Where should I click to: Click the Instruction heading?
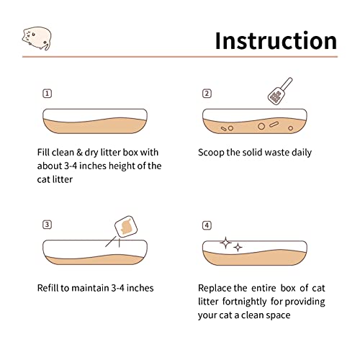pyautogui.click(x=276, y=41)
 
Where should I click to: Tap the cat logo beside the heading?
pyautogui.click(x=37, y=38)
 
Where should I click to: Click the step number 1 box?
pyautogui.click(x=47, y=94)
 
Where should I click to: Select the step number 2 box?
pyautogui.click(x=207, y=94)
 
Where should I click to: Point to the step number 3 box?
pyautogui.click(x=47, y=225)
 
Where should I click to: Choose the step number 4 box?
pyautogui.click(x=207, y=225)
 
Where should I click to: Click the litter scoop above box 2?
pyautogui.click(x=279, y=91)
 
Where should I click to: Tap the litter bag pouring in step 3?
pyautogui.click(x=126, y=227)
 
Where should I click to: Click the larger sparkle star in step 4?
pyautogui.click(x=225, y=243)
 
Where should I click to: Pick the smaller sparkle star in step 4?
pyautogui.click(x=238, y=247)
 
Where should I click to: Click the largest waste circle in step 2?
pyautogui.click(x=261, y=126)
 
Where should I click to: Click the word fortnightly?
pyautogui.click(x=245, y=302)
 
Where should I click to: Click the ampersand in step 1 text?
pyautogui.click(x=79, y=153)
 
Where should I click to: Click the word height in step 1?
pyautogui.click(x=122, y=166)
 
